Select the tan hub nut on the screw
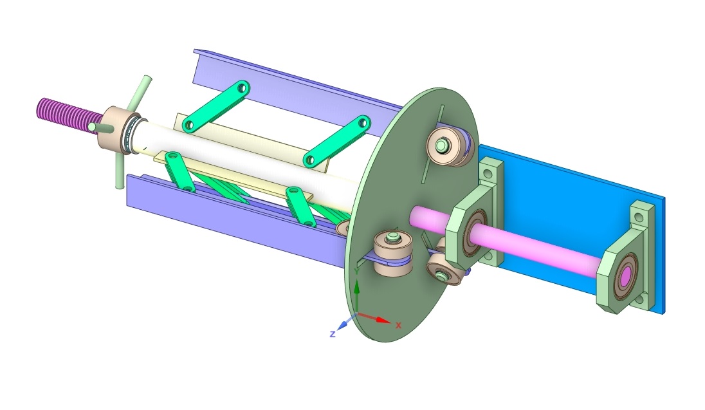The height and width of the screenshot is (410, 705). (x=113, y=129)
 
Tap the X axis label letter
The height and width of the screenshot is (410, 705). (x=398, y=325)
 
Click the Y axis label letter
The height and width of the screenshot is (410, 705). (x=356, y=272)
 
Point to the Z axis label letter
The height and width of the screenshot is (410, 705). (x=333, y=334)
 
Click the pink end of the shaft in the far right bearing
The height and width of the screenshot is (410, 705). (x=625, y=275)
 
